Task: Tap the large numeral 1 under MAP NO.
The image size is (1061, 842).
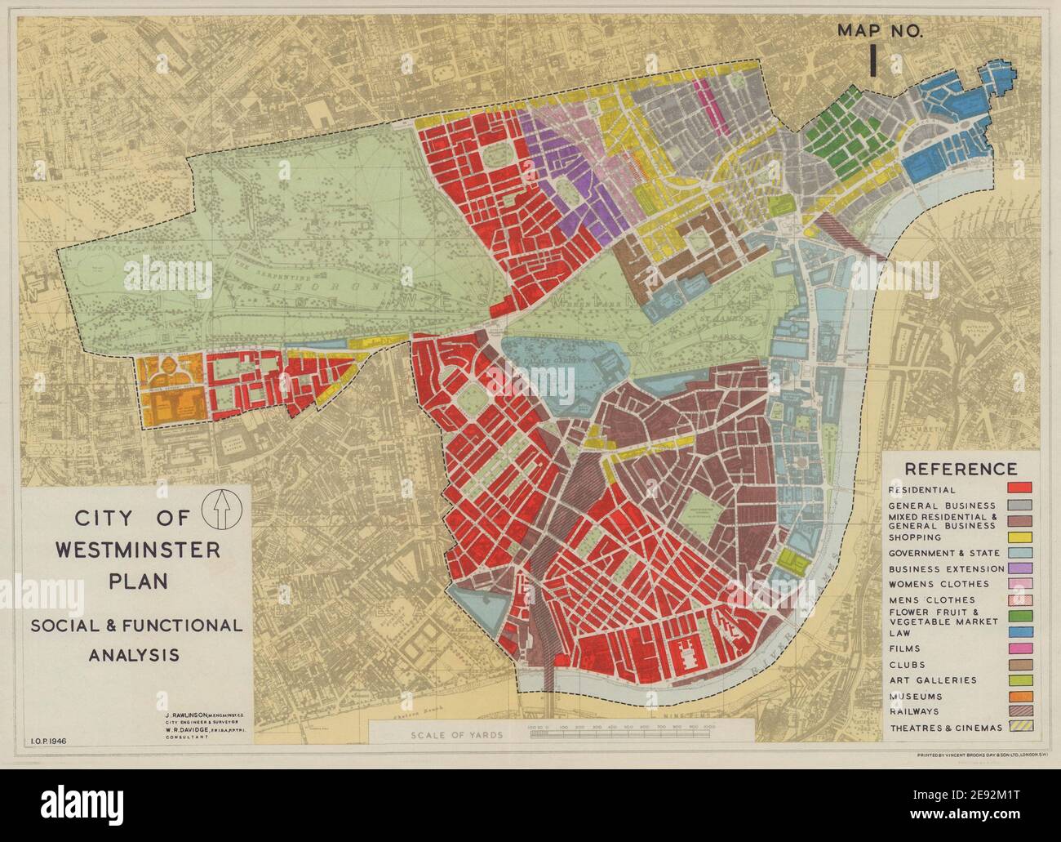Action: click(x=874, y=60)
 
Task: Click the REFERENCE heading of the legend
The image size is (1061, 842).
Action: click(x=961, y=469)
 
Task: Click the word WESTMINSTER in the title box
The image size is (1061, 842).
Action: click(x=137, y=549)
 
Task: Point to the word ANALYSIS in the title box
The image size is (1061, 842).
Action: click(x=137, y=654)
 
